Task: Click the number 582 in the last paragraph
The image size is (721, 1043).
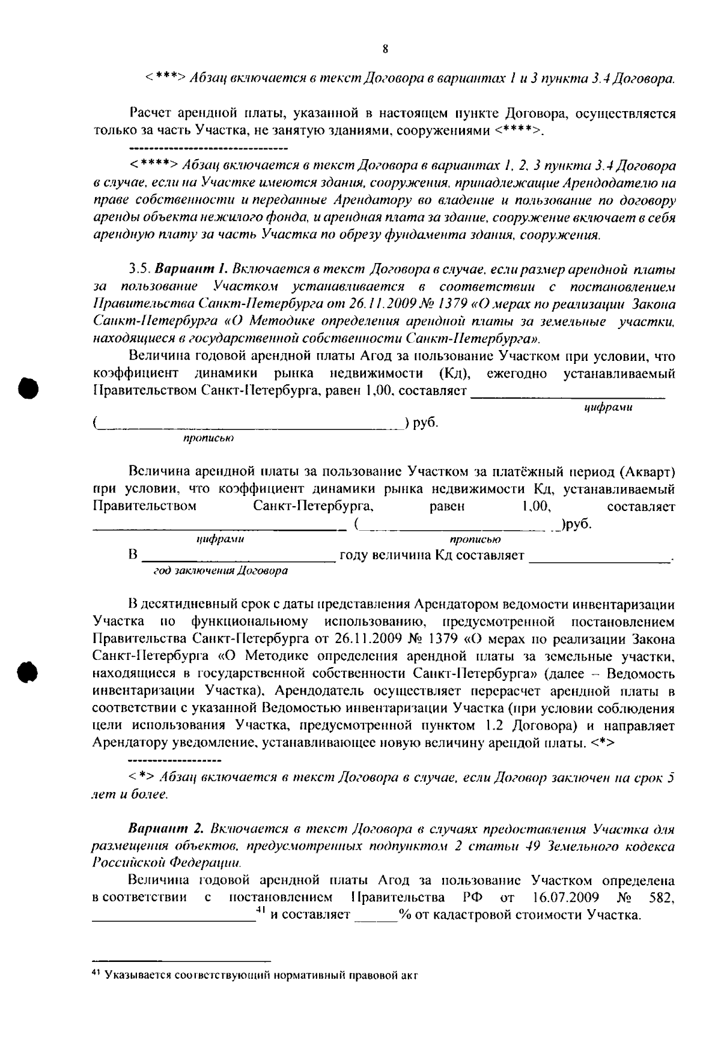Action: click(x=662, y=898)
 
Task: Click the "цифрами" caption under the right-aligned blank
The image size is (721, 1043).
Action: click(x=608, y=408)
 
